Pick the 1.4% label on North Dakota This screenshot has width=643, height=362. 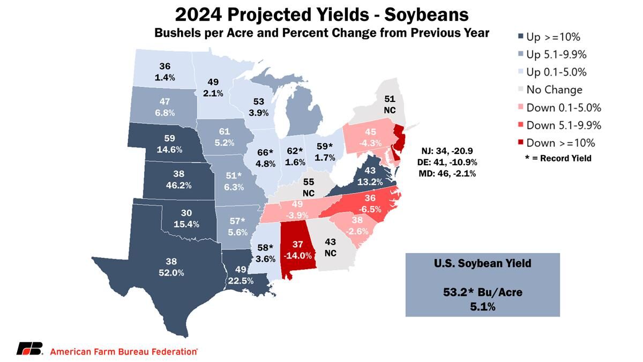pyautogui.click(x=165, y=78)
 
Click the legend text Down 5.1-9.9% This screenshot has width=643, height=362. pyautogui.click(x=564, y=125)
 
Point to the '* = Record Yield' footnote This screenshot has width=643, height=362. pyautogui.click(x=558, y=158)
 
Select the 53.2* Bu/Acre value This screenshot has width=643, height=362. pyautogui.click(x=482, y=293)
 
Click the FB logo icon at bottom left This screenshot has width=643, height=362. pyautogui.click(x=29, y=349)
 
